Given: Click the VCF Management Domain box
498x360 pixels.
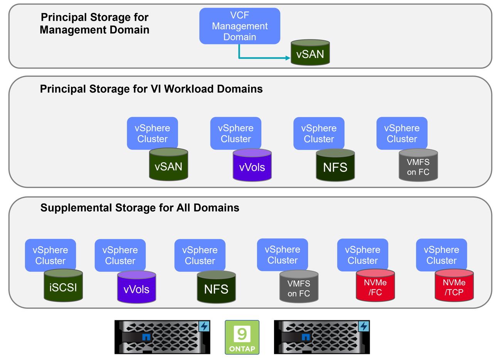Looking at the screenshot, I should coord(239,26).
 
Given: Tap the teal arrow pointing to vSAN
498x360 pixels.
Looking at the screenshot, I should coord(262,58).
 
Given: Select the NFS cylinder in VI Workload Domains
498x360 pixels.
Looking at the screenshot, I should coord(335,166).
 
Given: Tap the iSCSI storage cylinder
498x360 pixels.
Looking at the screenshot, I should coord(63,286).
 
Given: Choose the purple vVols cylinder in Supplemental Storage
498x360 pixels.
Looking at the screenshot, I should coord(136,288).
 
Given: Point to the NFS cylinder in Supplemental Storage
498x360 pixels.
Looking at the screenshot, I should coord(216,288).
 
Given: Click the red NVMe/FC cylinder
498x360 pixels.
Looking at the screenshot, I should coord(375,286).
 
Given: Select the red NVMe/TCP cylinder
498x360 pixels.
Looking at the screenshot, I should coord(454,286).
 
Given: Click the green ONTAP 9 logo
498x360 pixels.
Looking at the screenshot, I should coord(242,337).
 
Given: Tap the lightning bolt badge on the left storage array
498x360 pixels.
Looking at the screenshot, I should coord(204,326).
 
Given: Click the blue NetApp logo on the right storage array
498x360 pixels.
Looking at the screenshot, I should coord(306,337).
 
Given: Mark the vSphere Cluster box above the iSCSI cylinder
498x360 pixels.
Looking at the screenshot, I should coord(50,255).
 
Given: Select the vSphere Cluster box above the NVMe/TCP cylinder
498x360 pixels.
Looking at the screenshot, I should coord(441,254).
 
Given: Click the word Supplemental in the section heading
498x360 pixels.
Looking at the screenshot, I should coord(76,208).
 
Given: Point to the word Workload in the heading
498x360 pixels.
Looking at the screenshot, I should coord(189,89).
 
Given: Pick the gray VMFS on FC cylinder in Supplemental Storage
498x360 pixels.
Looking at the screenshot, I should coord(299,287).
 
